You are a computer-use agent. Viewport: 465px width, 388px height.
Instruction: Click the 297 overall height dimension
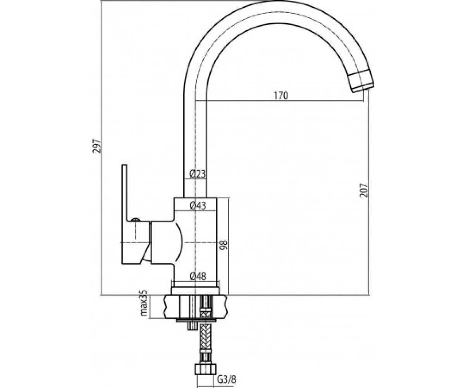pos(97,146)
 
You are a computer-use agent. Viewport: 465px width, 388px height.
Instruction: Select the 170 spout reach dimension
pos(281,96)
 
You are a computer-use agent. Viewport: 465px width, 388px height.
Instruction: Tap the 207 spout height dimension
pos(364,190)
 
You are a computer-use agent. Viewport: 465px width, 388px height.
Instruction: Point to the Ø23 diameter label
pos(197,174)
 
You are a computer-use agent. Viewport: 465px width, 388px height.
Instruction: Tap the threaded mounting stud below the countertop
pos(192,327)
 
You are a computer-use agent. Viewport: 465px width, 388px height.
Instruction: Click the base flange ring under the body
pos(195,291)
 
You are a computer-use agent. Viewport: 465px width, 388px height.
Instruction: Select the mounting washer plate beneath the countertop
pos(196,320)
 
